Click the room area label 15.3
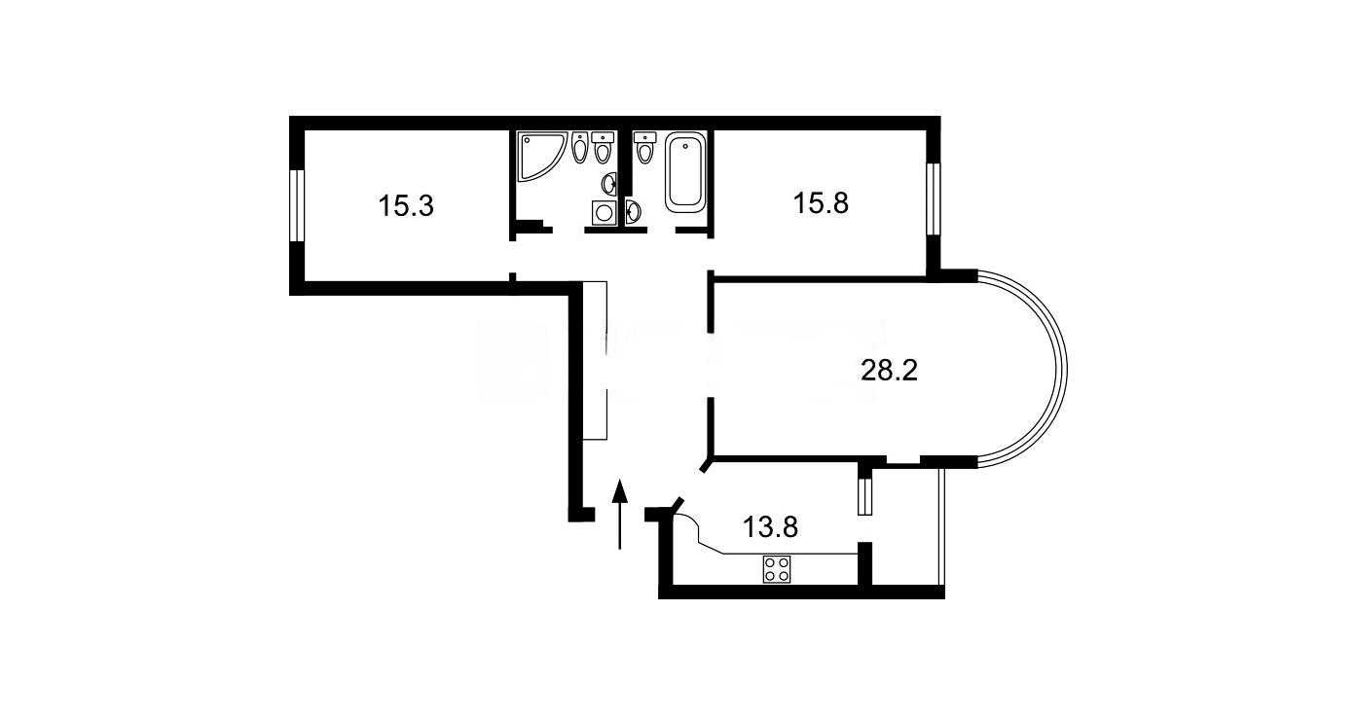(406, 206)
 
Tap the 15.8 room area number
(821, 203)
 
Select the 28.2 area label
(890, 370)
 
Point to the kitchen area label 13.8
(770, 527)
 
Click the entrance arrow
(619, 515)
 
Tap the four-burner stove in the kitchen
(776, 569)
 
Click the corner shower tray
(540, 157)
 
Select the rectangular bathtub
(685, 172)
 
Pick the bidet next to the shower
(580, 147)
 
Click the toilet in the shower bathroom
(603, 147)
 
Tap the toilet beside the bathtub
(644, 147)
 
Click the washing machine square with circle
(604, 213)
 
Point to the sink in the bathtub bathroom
(634, 211)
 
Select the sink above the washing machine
(609, 182)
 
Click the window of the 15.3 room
(296, 206)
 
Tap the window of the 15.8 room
(934, 198)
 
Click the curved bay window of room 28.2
(1062, 370)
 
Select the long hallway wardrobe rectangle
(594, 360)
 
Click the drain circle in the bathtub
(685, 145)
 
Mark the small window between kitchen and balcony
(865, 496)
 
